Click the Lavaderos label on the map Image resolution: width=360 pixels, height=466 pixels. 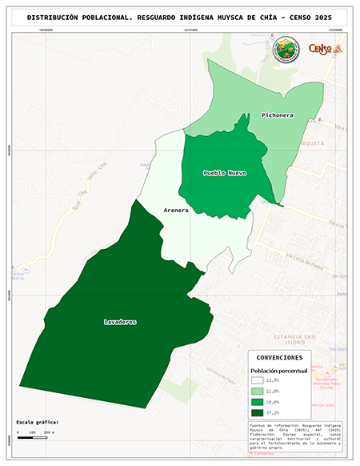coord(120,322)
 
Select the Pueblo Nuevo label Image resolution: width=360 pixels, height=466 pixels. coord(224,173)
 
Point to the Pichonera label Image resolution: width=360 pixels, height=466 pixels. coord(276,115)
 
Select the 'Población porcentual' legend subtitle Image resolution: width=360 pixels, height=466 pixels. coord(279,371)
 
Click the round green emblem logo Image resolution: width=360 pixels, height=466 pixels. coord(286,50)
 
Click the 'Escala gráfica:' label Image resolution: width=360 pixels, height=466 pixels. coord(38,421)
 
